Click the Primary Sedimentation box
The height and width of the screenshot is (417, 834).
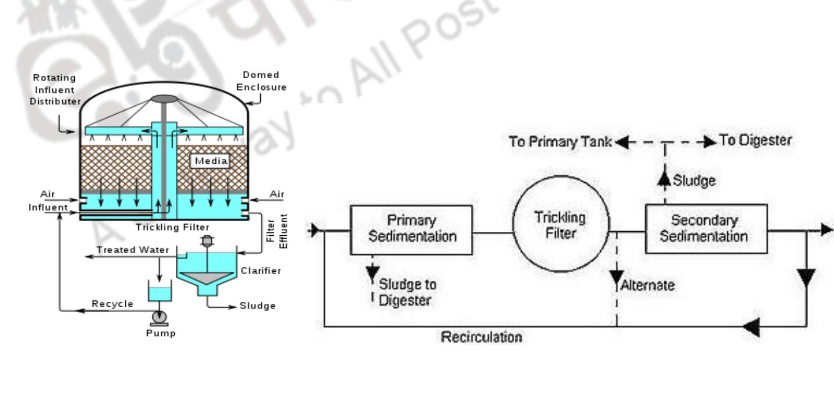411,230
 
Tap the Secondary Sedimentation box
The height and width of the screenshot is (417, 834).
706,228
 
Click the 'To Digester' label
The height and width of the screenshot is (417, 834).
755,141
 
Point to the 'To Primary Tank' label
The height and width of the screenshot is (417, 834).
560,142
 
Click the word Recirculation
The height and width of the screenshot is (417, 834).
482,337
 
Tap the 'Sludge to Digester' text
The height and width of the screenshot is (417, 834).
407,292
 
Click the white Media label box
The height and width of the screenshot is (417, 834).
211,162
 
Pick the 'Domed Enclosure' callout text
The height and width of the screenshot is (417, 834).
261,81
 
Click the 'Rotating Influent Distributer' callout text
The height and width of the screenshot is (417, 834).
54,89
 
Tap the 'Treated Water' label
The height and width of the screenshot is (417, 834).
124,250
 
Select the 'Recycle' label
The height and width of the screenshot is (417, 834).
112,304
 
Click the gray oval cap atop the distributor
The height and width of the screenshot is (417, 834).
164,99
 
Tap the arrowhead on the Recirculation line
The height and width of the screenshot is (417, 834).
751,326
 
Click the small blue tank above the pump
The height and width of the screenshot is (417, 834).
160,293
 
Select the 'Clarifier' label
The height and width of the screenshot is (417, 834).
261,271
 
